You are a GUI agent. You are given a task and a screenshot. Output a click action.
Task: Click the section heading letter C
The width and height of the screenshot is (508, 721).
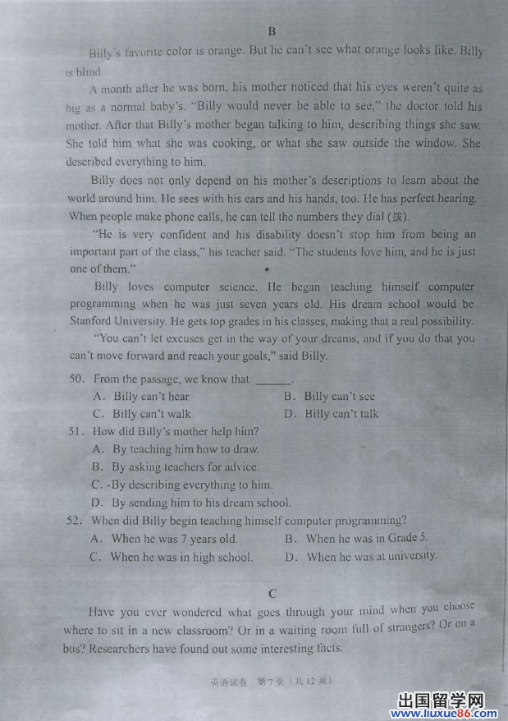pos(272,593)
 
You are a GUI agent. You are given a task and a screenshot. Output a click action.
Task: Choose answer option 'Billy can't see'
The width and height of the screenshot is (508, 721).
pos(339,397)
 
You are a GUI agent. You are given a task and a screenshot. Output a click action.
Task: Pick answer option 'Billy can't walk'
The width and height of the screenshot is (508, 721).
pos(151,414)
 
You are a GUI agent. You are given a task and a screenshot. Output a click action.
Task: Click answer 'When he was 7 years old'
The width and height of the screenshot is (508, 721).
pos(174,539)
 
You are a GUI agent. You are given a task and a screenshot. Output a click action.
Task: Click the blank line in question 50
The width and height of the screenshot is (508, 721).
pos(273,380)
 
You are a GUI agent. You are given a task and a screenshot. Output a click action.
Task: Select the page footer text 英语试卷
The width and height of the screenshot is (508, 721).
pos(222,681)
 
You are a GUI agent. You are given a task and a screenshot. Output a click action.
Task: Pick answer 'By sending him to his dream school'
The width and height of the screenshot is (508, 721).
pos(201,503)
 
